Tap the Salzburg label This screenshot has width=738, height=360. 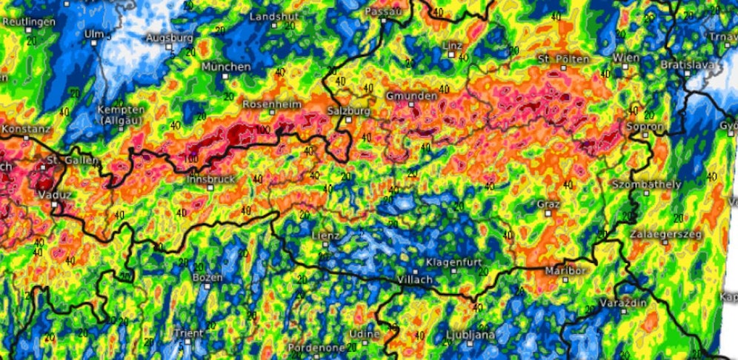tap(348, 111)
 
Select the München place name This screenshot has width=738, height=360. tap(226, 67)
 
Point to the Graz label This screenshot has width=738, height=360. tap(548, 204)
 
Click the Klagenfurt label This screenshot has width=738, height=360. tap(453, 263)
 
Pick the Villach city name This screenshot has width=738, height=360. tap(414, 279)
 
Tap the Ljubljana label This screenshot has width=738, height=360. tap(471, 336)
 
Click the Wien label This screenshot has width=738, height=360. tap(625, 58)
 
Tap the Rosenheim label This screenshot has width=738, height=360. tap(270, 104)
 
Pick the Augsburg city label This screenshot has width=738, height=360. tap(170, 37)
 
